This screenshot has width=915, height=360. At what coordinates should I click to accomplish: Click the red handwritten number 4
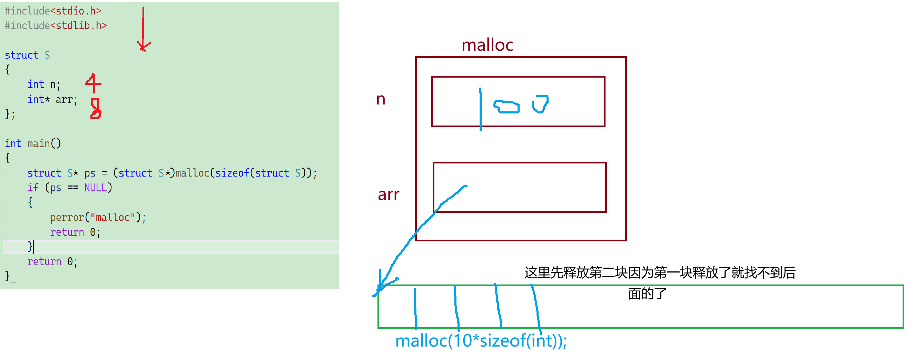click(93, 83)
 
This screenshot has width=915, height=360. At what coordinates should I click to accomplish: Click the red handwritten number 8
click(96, 108)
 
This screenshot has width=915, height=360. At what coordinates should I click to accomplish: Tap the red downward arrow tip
click(143, 47)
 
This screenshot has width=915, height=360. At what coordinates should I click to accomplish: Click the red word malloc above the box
click(487, 46)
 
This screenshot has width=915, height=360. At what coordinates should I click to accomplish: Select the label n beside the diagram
click(381, 99)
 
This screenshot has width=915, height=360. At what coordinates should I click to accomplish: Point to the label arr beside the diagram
click(388, 194)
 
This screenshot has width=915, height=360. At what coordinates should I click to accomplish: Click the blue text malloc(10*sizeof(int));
click(481, 341)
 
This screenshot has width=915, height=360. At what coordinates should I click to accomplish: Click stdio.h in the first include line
click(75, 11)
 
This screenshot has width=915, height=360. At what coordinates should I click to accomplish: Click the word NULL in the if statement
click(95, 188)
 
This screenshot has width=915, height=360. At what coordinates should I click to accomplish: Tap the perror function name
click(67, 217)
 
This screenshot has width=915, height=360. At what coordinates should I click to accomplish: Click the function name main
click(38, 143)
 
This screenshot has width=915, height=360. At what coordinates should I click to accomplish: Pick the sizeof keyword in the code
click(232, 173)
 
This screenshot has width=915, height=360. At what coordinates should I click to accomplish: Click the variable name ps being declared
click(89, 173)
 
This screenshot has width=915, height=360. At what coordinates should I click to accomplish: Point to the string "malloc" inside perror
click(112, 217)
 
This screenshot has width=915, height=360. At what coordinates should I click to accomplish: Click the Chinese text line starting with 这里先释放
click(660, 273)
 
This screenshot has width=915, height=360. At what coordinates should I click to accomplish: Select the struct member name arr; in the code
click(66, 100)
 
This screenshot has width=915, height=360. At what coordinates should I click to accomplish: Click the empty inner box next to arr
click(533, 188)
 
